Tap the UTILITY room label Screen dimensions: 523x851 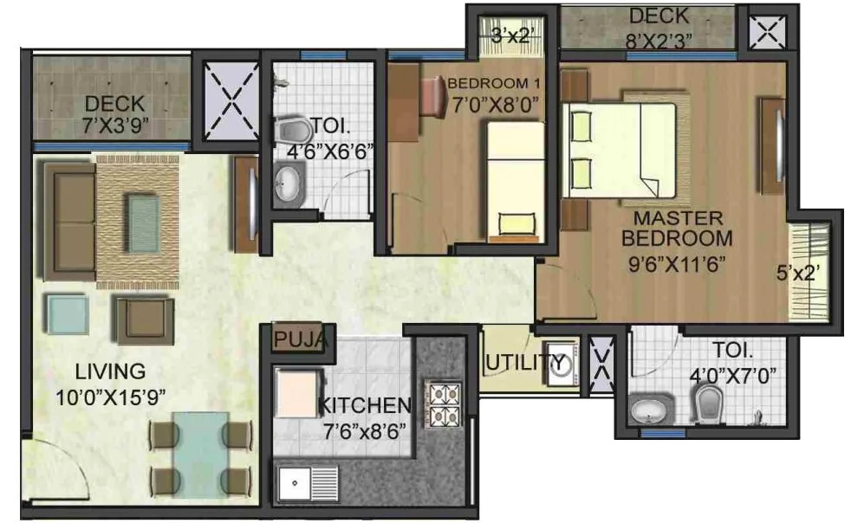pyautogui.click(x=518, y=362)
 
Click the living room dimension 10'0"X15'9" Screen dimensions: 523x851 pyautogui.click(x=109, y=396)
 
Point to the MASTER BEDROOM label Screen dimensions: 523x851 pyautogui.click(x=681, y=227)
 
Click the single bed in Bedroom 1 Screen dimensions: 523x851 pyautogui.click(x=514, y=180)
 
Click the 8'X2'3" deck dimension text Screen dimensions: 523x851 pyautogui.click(x=659, y=39)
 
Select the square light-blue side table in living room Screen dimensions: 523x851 pyautogui.click(x=67, y=314)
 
